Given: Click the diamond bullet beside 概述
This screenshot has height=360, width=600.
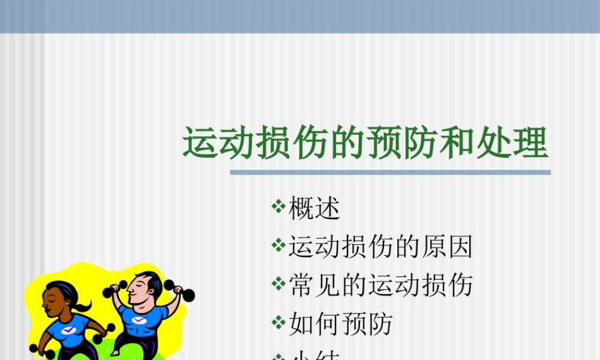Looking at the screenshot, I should pyautogui.click(x=278, y=208).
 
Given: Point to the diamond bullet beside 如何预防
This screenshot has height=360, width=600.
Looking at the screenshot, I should pyautogui.click(x=278, y=323).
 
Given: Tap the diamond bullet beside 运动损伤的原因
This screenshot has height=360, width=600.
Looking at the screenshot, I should pyautogui.click(x=278, y=245).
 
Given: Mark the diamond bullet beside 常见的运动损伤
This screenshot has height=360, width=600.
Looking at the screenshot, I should pyautogui.click(x=278, y=284).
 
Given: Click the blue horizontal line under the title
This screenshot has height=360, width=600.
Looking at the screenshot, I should pyautogui.click(x=390, y=172).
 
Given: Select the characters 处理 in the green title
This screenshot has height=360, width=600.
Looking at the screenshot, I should pyautogui.click(x=520, y=144).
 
